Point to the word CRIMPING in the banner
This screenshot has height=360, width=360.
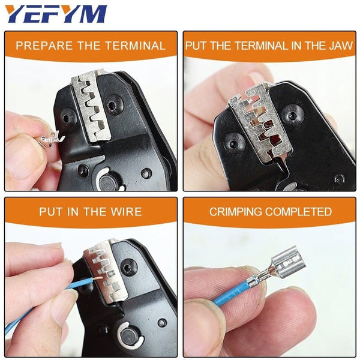pyautogui.click(x=235, y=211)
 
